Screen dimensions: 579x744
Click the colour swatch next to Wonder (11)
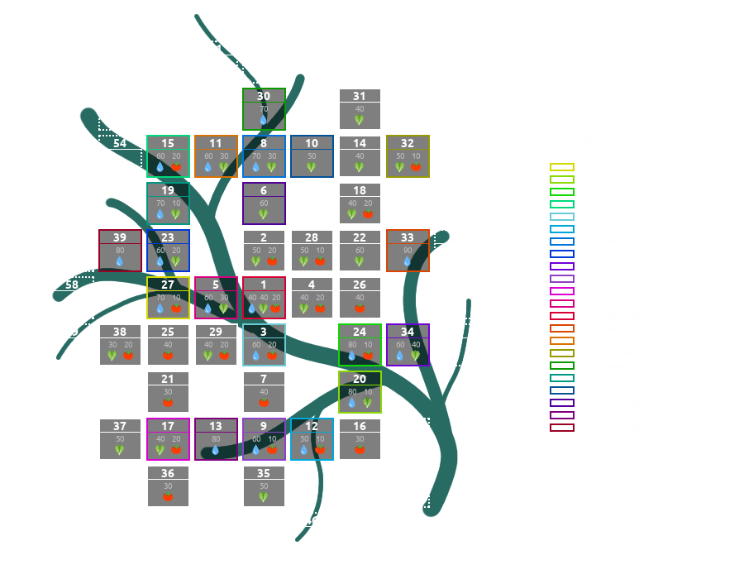562,341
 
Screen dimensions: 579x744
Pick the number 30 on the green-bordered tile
264,96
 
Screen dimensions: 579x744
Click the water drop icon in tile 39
120,261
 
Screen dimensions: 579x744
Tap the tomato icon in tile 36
168,497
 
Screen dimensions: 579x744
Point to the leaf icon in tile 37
120,450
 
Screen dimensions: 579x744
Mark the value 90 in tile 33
408,251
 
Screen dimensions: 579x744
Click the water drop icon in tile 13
216,450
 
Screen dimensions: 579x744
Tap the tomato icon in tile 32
416,166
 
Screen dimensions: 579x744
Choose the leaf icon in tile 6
264,214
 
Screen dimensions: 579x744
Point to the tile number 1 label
264,285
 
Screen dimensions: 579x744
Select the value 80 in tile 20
352,392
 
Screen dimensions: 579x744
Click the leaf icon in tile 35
264,497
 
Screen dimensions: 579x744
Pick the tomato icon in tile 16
360,450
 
